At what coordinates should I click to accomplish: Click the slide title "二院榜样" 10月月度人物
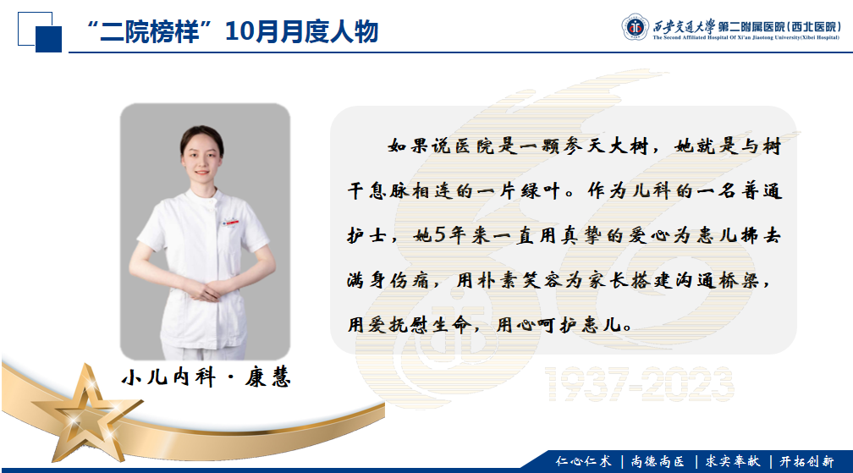click(x=233, y=31)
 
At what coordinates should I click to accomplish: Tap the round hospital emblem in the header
click(x=635, y=26)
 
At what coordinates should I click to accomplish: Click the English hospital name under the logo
click(x=746, y=37)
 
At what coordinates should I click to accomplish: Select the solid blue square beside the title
click(x=48, y=39)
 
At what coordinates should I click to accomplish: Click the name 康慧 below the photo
click(x=267, y=377)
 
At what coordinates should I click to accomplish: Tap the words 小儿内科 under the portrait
click(x=168, y=377)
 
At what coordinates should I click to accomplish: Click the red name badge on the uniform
click(x=231, y=223)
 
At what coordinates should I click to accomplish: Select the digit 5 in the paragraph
click(x=439, y=235)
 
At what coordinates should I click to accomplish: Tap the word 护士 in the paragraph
click(x=367, y=235)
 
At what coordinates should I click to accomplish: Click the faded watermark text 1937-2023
click(x=639, y=384)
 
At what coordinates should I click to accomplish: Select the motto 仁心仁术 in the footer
click(x=583, y=462)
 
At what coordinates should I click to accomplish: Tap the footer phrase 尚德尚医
click(x=658, y=462)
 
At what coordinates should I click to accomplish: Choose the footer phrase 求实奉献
click(x=733, y=462)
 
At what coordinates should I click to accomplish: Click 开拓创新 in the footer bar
click(x=806, y=462)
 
